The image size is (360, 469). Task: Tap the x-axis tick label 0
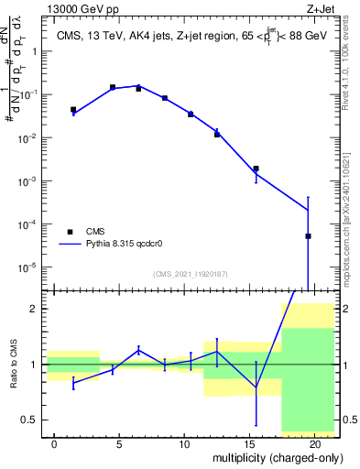point(55,443)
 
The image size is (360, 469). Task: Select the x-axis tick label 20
point(314,443)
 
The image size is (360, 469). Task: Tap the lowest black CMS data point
point(308,236)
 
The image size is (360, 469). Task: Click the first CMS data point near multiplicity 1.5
point(74,110)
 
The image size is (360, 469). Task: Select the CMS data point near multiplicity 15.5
point(256,169)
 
